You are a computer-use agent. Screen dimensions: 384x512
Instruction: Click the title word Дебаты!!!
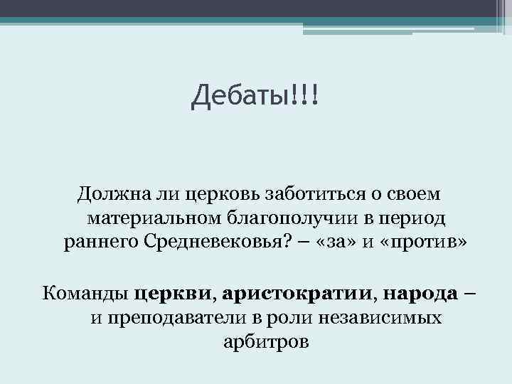(x=256, y=95)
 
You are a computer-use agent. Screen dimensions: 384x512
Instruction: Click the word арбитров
(x=266, y=341)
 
